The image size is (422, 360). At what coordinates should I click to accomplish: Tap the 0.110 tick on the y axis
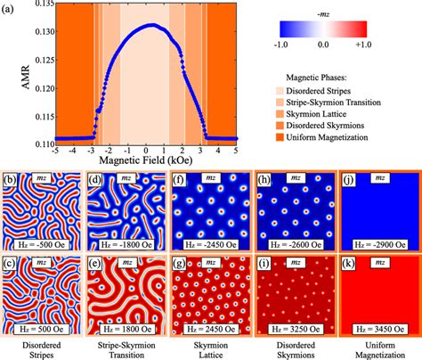click(x=26, y=143)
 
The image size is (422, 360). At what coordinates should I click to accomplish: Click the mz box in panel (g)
click(x=209, y=266)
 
